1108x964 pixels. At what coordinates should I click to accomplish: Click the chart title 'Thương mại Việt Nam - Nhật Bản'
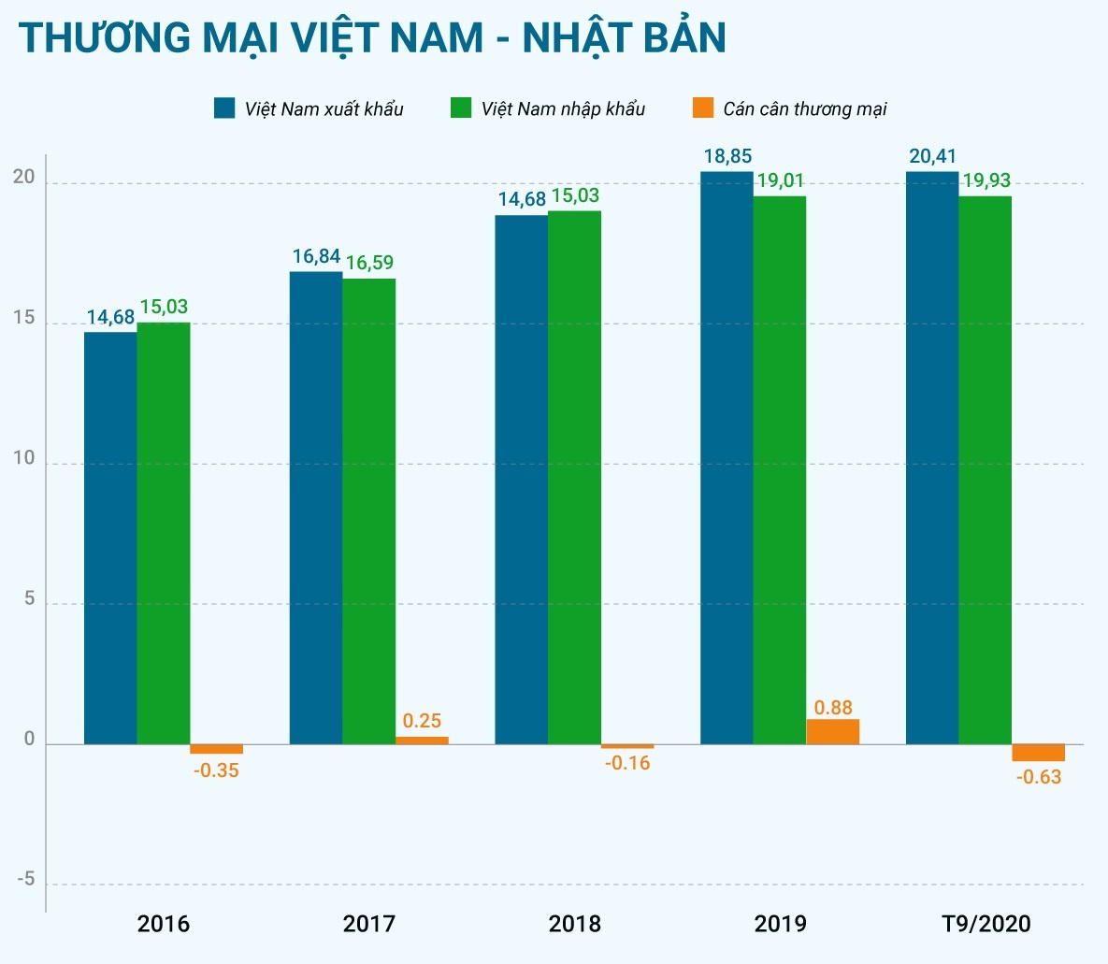click(x=372, y=38)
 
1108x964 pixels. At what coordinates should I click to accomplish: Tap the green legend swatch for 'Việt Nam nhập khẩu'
click(x=461, y=108)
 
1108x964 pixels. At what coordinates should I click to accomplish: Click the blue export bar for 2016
click(x=110, y=538)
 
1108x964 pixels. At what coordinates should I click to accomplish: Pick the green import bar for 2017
click(x=368, y=511)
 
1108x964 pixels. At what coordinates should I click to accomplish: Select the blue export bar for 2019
click(x=727, y=458)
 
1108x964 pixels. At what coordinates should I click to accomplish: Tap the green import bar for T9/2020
click(x=985, y=470)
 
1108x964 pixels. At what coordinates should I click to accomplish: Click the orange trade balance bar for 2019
click(x=832, y=731)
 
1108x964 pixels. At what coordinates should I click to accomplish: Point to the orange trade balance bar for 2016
click(x=216, y=749)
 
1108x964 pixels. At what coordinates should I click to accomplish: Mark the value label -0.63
click(x=1038, y=777)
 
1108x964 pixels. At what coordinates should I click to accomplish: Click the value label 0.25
click(x=422, y=721)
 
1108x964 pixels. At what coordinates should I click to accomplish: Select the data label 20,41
click(x=932, y=156)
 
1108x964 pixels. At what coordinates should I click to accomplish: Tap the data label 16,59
click(x=369, y=263)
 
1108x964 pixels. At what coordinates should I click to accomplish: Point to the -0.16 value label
click(x=627, y=763)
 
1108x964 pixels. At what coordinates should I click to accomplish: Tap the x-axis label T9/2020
click(x=986, y=924)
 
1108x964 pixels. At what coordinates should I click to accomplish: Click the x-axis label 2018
click(x=574, y=924)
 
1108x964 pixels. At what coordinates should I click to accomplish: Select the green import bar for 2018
click(x=574, y=478)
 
